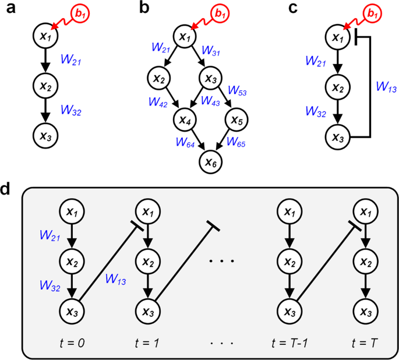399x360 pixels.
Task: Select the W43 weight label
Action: tap(210, 100)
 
